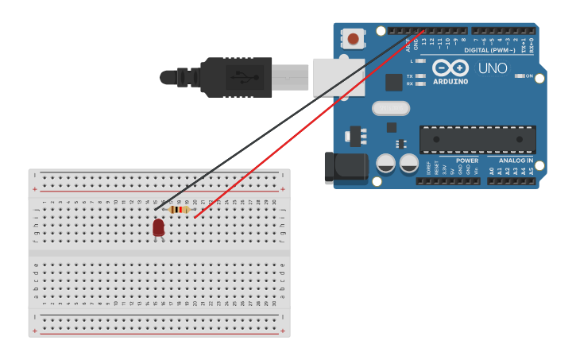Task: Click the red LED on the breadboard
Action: point(158,228)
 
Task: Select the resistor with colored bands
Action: point(179,210)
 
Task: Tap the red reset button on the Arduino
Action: point(352,37)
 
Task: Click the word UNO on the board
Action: point(493,68)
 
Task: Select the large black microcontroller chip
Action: point(476,139)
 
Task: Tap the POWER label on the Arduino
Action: point(467,161)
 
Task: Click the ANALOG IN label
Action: point(516,161)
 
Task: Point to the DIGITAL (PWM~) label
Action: point(489,50)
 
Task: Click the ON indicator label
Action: point(528,76)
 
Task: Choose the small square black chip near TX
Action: point(394,82)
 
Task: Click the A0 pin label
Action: point(492,171)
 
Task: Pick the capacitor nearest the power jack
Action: point(385,164)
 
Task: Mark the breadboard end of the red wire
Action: point(195,217)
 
